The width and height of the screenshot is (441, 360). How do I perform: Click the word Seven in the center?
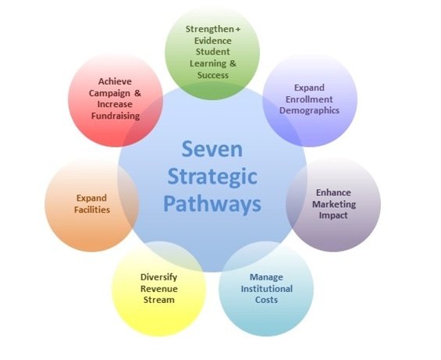coord(212,149)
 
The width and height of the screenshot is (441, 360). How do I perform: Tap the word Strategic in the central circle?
coord(212,177)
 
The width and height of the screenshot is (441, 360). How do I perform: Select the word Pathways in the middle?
coord(212,204)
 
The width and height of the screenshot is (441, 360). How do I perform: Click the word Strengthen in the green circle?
coord(209,29)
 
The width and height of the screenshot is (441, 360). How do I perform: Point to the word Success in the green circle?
coord(213,75)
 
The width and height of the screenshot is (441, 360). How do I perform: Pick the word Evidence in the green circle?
coord(213,41)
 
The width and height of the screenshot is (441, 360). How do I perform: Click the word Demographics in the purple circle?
coord(309,111)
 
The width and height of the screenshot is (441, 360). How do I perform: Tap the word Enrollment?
coord(309,99)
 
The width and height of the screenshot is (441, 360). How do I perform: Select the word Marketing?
coord(334,205)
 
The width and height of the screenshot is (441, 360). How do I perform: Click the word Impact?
coord(333,216)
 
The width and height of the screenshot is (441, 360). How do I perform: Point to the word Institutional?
coord(267,288)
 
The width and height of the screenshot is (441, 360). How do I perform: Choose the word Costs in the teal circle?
coord(266,300)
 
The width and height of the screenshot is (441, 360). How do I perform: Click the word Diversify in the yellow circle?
coord(159,277)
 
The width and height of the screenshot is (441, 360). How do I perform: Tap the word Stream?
coord(159,300)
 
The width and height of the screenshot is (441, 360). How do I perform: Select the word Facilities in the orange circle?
coord(92,210)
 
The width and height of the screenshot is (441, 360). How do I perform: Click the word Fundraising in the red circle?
coord(116,116)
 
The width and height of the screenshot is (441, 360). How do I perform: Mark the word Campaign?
coord(109,93)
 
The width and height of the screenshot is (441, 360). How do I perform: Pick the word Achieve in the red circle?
coord(115,81)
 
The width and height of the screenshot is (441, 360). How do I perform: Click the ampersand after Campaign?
coord(137,93)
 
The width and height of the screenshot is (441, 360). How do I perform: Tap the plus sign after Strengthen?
coord(238,29)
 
